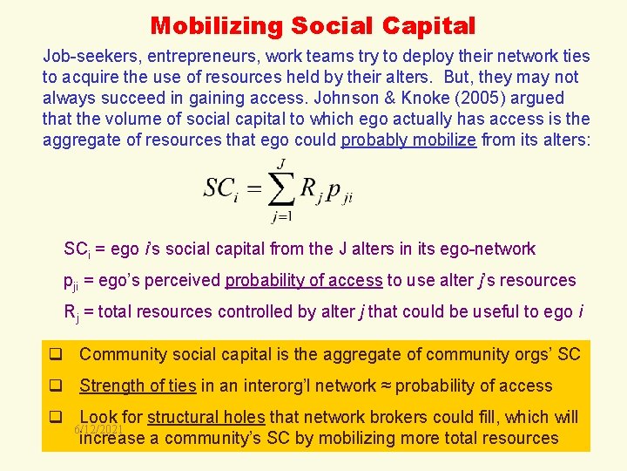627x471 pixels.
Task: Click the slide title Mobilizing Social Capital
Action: pos(313,25)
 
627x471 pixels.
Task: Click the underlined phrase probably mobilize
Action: pos(408,140)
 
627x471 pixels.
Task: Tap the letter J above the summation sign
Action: pos(280,163)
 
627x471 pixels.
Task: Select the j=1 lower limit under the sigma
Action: pos(280,216)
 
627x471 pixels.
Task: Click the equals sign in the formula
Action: pos(253,188)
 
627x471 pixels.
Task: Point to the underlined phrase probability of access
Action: pos(303,280)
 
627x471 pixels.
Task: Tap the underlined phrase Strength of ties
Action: pos(138,386)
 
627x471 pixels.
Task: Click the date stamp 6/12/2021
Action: pos(98,430)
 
